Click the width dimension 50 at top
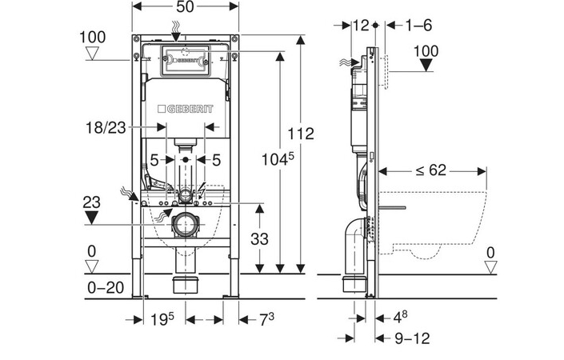tap(185, 7)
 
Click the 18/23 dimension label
tap(106, 126)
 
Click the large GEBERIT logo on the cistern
tap(190, 109)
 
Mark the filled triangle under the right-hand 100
tap(427, 66)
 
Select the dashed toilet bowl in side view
tap(436, 220)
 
